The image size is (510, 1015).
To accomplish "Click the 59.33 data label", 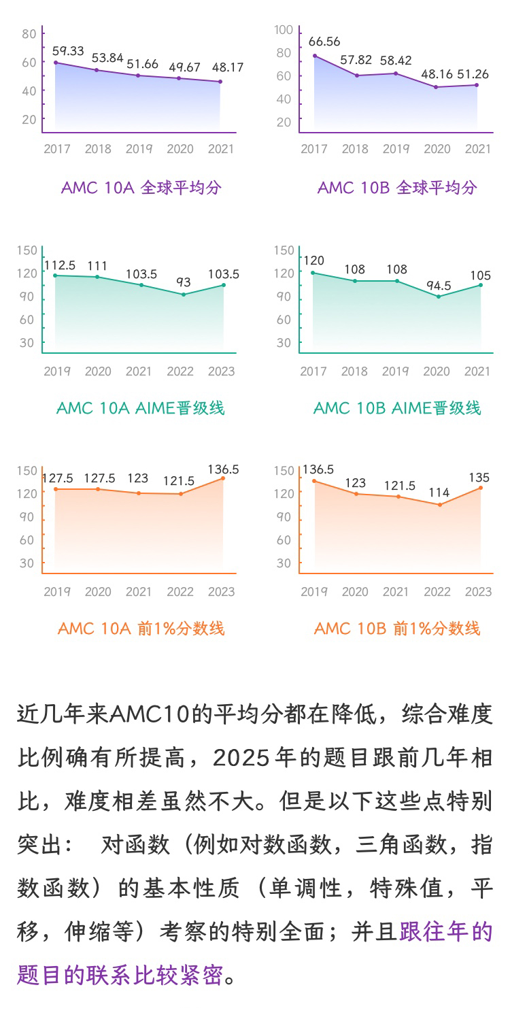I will [68, 51].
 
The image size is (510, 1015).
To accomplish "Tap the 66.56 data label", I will [324, 41].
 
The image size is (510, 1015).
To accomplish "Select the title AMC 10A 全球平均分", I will [141, 188].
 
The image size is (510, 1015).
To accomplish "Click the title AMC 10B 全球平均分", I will [397, 188].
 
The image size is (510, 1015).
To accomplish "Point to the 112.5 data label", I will [60, 265].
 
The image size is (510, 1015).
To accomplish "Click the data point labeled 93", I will [183, 295].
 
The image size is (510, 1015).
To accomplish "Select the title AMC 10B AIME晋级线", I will [397, 408].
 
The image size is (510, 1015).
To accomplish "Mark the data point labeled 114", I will [440, 505].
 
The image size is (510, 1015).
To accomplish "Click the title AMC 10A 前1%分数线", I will [141, 629].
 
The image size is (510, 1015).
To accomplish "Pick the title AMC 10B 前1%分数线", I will [397, 629].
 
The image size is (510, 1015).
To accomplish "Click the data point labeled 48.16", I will [436, 87].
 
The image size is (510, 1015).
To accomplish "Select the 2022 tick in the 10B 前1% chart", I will [437, 592].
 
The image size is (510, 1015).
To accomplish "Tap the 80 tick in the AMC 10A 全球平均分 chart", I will [29, 34].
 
